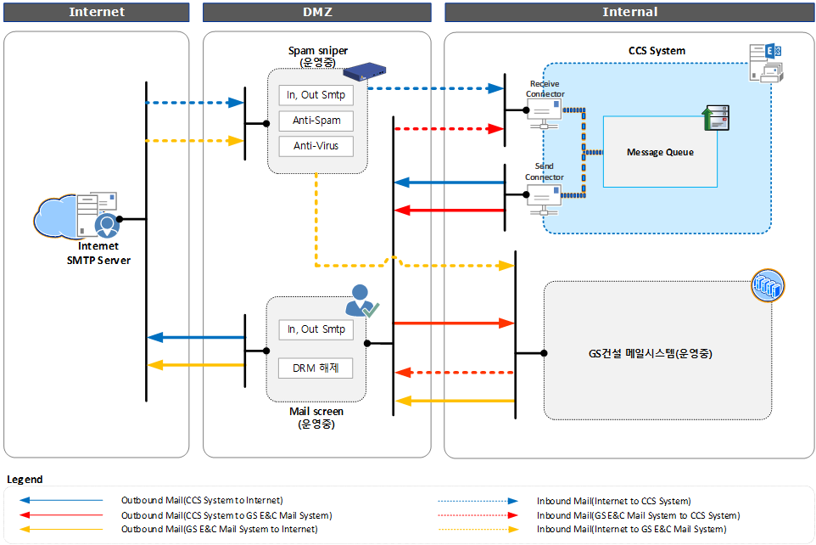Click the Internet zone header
96,12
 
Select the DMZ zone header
317,12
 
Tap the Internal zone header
629,12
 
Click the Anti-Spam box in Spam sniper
316,121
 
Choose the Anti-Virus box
316,146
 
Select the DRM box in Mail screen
316,368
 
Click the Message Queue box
660,152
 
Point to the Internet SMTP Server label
98,253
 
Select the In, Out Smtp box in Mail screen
316,329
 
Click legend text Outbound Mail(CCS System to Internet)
202,501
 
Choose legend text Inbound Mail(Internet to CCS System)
613,501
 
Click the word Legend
25,480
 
